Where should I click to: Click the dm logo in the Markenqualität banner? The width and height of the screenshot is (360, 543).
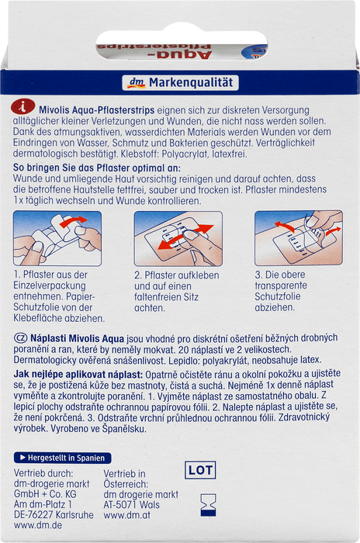pyautogui.click(x=136, y=83)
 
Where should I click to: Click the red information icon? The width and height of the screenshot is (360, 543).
pyautogui.click(x=22, y=107)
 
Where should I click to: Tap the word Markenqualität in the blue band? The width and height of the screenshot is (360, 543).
pyautogui.click(x=191, y=83)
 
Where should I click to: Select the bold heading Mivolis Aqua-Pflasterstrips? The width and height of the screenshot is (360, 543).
pyautogui.click(x=97, y=110)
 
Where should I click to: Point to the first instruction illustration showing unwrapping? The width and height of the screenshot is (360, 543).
pyautogui.click(x=57, y=239)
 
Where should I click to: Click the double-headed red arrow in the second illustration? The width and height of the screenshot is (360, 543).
pyautogui.click(x=185, y=237)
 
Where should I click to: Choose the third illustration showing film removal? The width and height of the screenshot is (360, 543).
pyautogui.click(x=299, y=238)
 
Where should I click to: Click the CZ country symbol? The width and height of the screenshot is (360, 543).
pyautogui.click(x=20, y=338)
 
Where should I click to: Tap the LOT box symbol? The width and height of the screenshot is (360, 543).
pyautogui.click(x=200, y=470)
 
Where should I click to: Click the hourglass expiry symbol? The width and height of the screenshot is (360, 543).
pyautogui.click(x=208, y=505)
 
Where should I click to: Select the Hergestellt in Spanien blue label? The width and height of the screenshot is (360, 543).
pyautogui.click(x=62, y=458)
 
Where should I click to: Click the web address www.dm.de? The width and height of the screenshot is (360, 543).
pyautogui.click(x=38, y=525)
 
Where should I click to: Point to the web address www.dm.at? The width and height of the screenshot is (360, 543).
pyautogui.click(x=127, y=515)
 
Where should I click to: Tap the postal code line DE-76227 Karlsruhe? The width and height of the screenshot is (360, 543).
pyautogui.click(x=54, y=514)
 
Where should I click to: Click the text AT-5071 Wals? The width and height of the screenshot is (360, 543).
pyautogui.click(x=132, y=504)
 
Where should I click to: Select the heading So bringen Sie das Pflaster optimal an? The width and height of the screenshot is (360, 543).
pyautogui.click(x=97, y=168)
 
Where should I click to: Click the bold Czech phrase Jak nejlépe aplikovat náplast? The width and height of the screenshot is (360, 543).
pyautogui.click(x=78, y=375)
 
